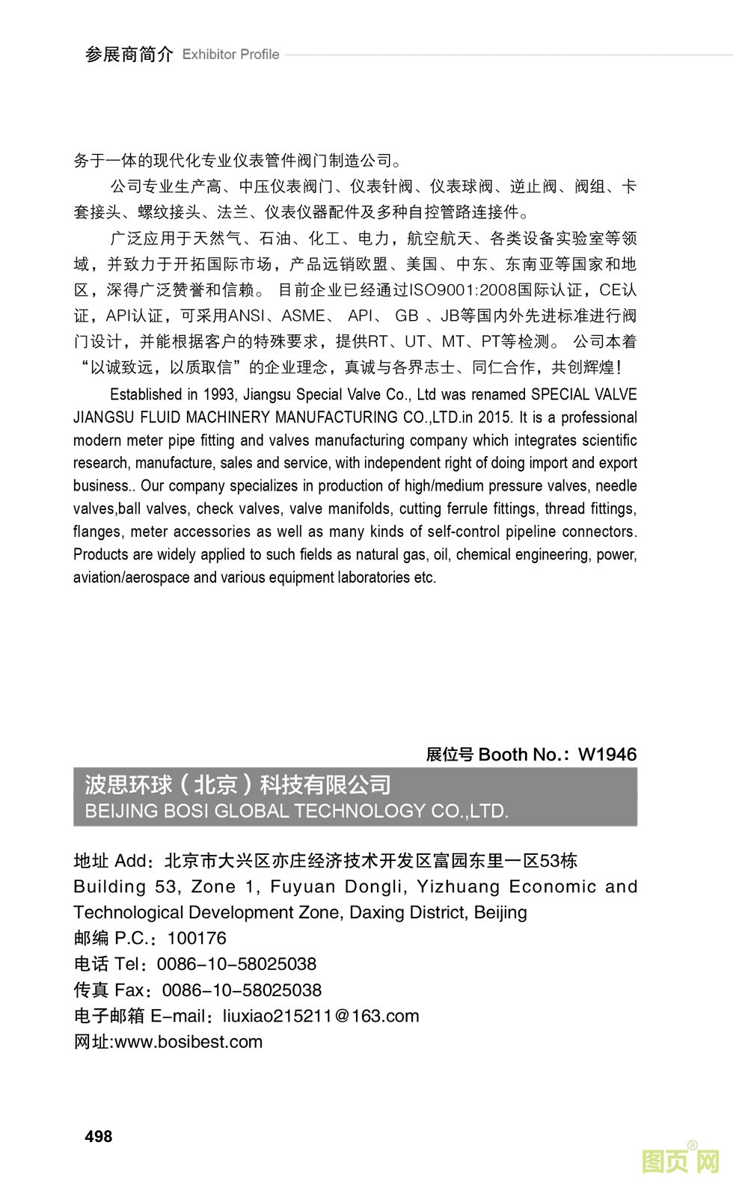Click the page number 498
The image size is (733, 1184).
(99, 1136)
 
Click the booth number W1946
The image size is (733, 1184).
(607, 754)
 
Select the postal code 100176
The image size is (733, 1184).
(197, 938)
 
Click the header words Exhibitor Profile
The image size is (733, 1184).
(230, 55)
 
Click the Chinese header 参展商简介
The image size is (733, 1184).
(129, 55)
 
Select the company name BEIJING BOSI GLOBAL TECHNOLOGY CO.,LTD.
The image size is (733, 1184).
(297, 812)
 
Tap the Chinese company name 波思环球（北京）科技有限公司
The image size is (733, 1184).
(238, 785)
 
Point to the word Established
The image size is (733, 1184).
(146, 394)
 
